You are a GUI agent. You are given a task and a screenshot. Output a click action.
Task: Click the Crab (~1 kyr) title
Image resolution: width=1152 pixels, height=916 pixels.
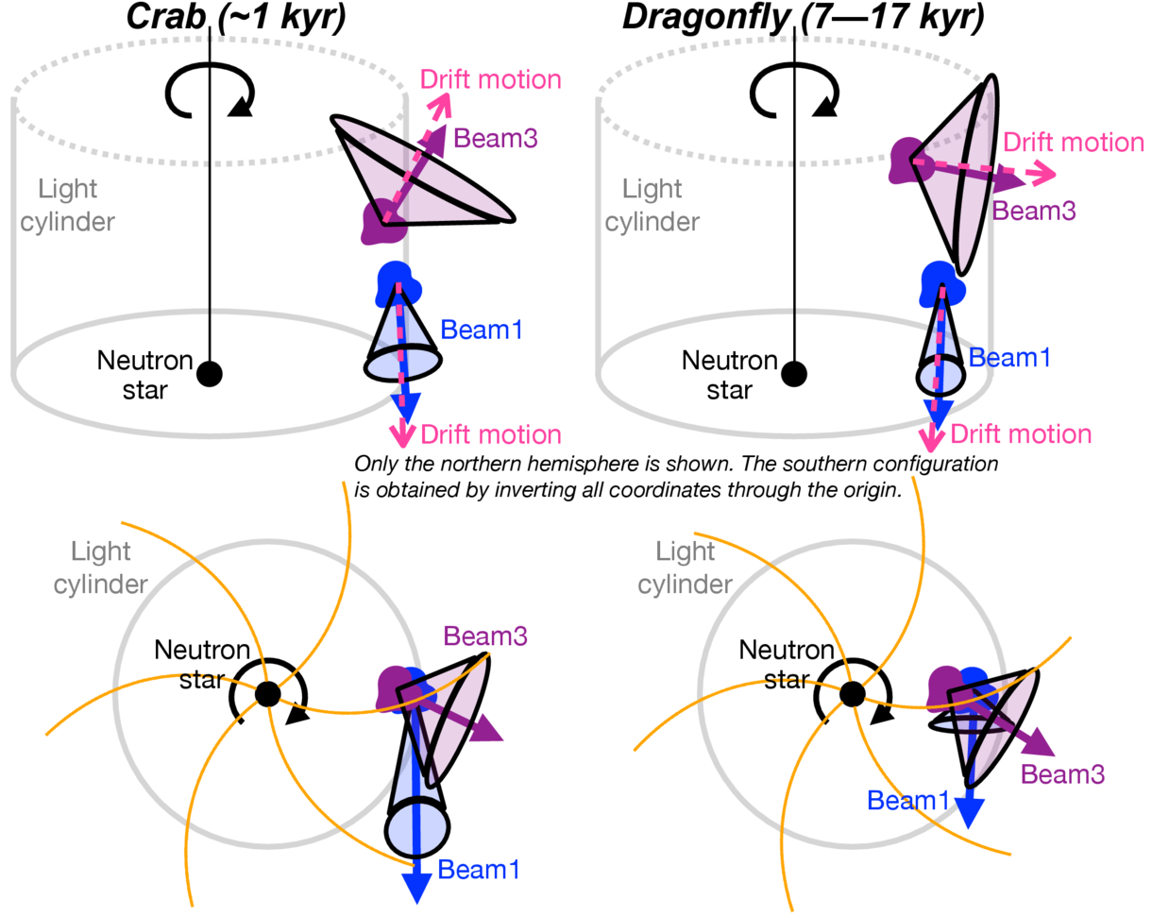point(235,17)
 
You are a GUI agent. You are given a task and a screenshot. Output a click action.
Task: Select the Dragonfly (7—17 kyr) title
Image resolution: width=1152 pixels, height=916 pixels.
point(803,17)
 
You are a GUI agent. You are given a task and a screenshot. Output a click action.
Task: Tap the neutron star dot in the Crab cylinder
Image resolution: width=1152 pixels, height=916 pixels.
point(210,374)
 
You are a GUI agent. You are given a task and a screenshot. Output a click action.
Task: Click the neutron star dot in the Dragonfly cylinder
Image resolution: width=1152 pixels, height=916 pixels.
point(794,374)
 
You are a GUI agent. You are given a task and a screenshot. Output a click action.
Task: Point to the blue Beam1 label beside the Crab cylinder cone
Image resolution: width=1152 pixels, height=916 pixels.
point(481,330)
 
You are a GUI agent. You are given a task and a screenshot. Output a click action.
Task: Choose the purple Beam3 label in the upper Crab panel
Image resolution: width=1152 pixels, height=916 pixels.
point(495,138)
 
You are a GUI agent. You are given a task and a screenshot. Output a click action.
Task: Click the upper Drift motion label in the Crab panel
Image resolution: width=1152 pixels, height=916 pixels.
point(490,79)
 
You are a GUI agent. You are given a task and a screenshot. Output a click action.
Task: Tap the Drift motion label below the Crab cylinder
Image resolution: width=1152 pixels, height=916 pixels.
point(491,434)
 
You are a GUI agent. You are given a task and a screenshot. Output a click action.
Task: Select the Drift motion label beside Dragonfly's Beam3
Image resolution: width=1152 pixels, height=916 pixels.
point(1074,143)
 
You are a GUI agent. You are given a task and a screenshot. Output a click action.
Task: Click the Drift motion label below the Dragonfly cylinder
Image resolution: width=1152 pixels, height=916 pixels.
point(1021,433)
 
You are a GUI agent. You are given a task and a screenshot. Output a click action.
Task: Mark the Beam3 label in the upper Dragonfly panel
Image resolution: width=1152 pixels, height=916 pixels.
point(1034,211)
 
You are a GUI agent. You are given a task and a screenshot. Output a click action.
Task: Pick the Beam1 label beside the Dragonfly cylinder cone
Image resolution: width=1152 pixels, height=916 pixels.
point(1009,358)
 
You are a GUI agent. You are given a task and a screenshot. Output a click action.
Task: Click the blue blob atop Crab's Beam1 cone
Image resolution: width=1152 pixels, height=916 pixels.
point(398,283)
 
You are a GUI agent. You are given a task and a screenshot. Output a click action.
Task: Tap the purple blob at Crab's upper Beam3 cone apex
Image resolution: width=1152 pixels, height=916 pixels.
point(382,221)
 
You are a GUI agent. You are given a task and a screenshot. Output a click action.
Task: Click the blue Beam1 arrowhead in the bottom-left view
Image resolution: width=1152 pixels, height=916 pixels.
point(416,887)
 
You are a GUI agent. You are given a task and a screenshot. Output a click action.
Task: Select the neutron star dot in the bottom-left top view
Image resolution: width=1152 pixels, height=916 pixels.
point(267,694)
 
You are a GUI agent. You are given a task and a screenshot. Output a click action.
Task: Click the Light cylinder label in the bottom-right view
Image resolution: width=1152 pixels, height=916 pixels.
point(685,568)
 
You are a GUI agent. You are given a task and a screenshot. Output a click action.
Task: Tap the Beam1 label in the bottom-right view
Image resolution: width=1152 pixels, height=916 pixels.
point(907,801)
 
